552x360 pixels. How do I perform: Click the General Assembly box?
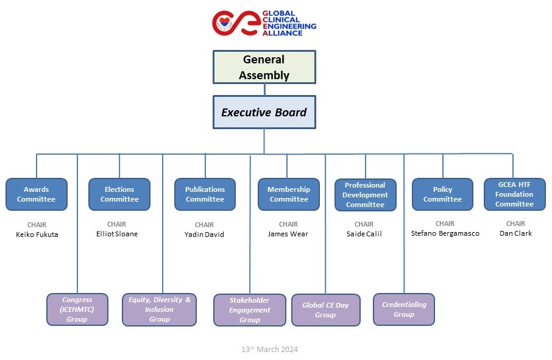(x=264, y=67)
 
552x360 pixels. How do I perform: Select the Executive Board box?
(x=264, y=112)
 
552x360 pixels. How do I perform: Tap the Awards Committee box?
(x=36, y=194)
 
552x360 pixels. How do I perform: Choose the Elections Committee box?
(x=119, y=194)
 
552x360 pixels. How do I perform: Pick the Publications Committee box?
(x=205, y=194)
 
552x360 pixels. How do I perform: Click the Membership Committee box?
(x=289, y=194)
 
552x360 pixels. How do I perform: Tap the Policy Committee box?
(x=442, y=194)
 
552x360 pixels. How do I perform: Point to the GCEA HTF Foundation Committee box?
(x=514, y=194)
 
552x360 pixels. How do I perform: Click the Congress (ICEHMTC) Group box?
(x=77, y=309)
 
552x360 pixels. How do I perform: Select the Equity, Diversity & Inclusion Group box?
(x=160, y=309)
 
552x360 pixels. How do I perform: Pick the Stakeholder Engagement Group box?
(x=250, y=310)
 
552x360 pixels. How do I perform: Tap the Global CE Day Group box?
(x=325, y=310)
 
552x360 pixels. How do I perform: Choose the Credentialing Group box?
(x=404, y=309)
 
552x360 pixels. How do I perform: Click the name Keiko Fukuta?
(x=37, y=235)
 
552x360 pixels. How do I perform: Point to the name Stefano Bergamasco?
(x=445, y=233)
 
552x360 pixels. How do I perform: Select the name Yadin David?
(x=205, y=235)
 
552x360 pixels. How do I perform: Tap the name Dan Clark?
(x=515, y=233)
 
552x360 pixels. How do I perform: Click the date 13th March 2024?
(x=269, y=350)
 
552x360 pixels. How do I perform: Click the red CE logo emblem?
(x=235, y=23)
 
